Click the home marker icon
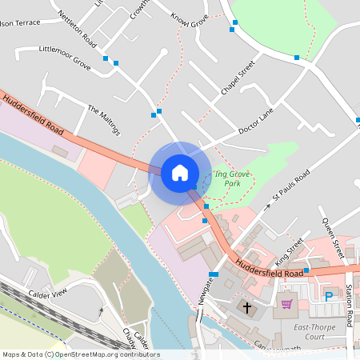tap(179, 172)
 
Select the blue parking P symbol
tap(328, 297)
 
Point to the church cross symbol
tap(247, 306)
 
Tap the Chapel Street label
tap(238, 78)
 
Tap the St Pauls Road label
tap(290, 186)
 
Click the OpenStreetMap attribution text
tap(81, 354)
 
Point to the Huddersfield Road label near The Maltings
tap(34, 115)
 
